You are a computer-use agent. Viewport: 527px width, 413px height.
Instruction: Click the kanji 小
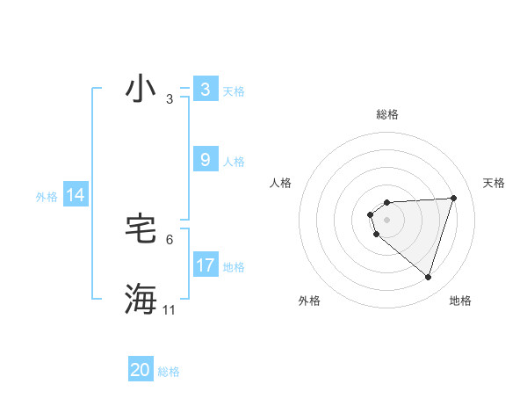[x=141, y=90]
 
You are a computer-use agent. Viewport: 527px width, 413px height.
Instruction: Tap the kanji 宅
[x=141, y=230]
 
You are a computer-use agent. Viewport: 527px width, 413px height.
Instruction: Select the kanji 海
[x=141, y=300]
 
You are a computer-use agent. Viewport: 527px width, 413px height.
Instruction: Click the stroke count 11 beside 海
[x=170, y=310]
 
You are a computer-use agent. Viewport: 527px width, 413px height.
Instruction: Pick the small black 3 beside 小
[x=170, y=99]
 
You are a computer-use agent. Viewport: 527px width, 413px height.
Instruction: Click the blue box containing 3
[x=205, y=90]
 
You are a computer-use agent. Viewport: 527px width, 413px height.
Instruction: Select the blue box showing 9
[x=205, y=160]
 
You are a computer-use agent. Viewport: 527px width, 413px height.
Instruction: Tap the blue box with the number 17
[x=205, y=264]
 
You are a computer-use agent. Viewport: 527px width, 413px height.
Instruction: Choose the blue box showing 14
[x=76, y=195]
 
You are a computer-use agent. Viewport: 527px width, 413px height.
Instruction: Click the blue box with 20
[x=141, y=370]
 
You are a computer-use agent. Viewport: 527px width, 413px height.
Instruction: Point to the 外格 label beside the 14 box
[x=47, y=197]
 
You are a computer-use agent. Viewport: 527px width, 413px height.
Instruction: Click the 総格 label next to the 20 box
[x=169, y=372]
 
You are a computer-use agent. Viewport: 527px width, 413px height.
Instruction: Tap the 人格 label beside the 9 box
[x=234, y=162]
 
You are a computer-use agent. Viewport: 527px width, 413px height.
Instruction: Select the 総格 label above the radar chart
[x=387, y=114]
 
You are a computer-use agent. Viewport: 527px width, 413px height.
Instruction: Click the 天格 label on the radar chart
[x=495, y=183]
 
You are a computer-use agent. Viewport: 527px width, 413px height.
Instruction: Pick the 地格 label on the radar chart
[x=460, y=301]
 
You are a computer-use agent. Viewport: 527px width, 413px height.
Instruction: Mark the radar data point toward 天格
[x=453, y=198]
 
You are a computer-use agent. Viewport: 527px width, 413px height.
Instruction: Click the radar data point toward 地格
[x=428, y=277]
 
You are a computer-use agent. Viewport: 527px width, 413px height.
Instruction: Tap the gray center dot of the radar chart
[x=387, y=219]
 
